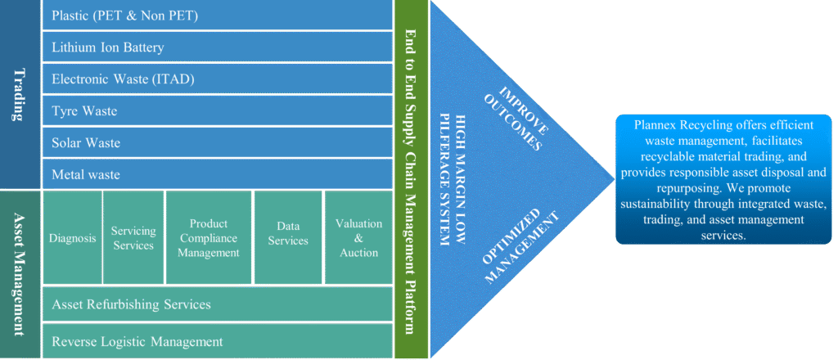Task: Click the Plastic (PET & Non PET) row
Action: point(217,16)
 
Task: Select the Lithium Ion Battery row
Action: point(217,47)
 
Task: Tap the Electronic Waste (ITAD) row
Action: point(217,79)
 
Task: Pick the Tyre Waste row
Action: point(217,110)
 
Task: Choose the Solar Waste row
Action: point(217,142)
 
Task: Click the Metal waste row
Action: point(217,174)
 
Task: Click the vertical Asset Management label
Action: point(19,274)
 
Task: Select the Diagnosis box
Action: point(73,238)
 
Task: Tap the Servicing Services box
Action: point(133,238)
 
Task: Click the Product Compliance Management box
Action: point(208,238)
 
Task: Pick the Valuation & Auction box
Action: point(358,238)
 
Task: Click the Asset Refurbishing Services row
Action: point(217,304)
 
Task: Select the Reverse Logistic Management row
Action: point(217,341)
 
